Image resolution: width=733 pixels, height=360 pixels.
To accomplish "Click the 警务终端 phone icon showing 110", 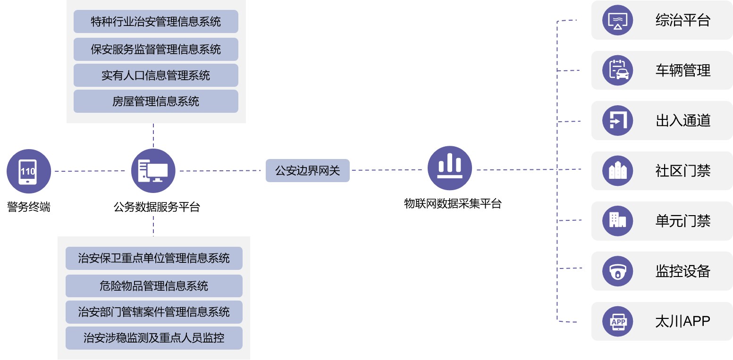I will pos(28,171).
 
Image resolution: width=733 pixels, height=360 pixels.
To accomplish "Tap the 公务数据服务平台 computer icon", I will pos(153,171).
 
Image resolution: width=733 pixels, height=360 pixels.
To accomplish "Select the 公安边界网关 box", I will pos(307,170).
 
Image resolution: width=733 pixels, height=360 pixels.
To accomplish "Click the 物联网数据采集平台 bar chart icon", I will pos(449,168).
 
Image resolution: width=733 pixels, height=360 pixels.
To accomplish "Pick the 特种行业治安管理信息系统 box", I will pos(156,22).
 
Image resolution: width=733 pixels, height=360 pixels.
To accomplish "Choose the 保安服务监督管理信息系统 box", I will pos(156,50).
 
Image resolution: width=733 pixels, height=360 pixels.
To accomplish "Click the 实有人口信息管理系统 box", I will pos(156,75).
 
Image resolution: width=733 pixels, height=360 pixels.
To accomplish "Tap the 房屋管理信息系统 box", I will pos(156,101).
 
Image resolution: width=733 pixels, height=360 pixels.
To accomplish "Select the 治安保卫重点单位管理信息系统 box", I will pos(154,258).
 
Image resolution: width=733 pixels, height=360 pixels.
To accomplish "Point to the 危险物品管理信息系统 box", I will pos(154,286).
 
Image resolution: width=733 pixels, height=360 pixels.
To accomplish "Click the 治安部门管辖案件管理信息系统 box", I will pos(154,312).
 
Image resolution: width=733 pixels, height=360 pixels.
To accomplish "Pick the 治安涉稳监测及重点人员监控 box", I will pos(154,338).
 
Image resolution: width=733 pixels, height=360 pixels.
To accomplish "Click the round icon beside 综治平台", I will pos(617,20).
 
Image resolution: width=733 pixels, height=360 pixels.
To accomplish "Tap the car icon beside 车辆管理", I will pos(617,70).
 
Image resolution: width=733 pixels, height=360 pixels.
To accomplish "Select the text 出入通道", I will pos(682,121).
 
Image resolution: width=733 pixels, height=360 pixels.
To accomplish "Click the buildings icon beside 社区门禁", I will pos(617,171).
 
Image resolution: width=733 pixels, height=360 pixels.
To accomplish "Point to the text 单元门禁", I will pos(682,221).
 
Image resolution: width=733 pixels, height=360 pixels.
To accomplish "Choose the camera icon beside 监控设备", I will pos(617,271).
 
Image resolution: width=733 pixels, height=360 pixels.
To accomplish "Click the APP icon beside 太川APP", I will pos(617,321).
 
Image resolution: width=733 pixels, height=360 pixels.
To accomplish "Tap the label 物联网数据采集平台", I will pos(453,204).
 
